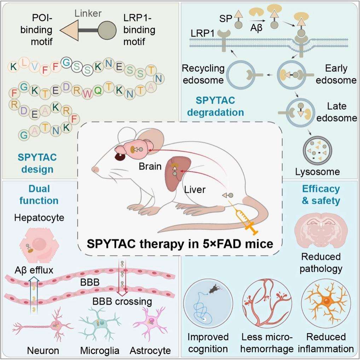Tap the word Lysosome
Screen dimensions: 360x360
[317, 172]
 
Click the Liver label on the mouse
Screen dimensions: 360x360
[194, 190]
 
